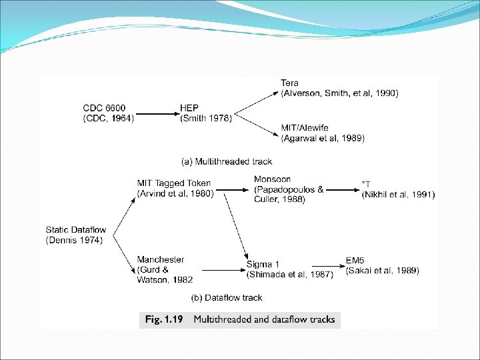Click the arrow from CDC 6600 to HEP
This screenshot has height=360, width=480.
pyautogui.click(x=157, y=113)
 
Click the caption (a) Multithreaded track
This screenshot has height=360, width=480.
pyautogui.click(x=227, y=161)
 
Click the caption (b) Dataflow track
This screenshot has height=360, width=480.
pyautogui.click(x=227, y=297)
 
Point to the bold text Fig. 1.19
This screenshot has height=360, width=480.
pyautogui.click(x=163, y=319)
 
